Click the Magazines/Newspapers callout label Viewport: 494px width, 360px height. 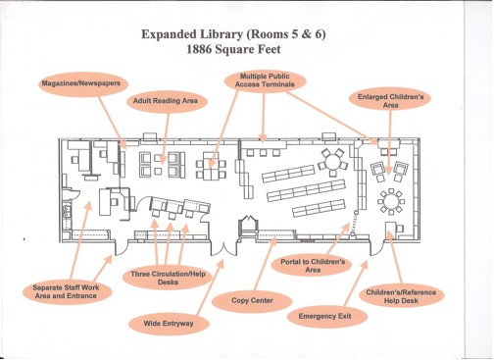coord(81,83)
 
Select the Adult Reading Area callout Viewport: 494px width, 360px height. coord(166,101)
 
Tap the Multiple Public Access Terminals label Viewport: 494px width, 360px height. coord(265,80)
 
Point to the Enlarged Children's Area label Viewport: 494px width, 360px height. coord(390,101)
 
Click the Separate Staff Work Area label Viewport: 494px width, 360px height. coord(66,291)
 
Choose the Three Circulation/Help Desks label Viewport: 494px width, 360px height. coord(168,279)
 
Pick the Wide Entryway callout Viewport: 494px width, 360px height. coord(169,324)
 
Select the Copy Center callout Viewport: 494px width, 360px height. coord(252,300)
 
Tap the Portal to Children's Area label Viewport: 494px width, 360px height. coord(313,266)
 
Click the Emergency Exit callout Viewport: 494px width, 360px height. coord(324,317)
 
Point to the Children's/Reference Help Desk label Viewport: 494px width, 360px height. coord(402,296)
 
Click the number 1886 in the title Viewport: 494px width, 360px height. coord(199,49)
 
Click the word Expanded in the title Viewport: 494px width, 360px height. coord(165,34)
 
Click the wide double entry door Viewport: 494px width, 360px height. coord(223,247)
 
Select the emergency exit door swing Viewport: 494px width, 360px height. coord(376,248)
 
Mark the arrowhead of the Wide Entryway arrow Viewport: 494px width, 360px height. coord(221,264)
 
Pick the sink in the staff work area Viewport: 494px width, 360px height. coord(72,193)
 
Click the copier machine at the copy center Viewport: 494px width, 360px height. coord(249,225)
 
